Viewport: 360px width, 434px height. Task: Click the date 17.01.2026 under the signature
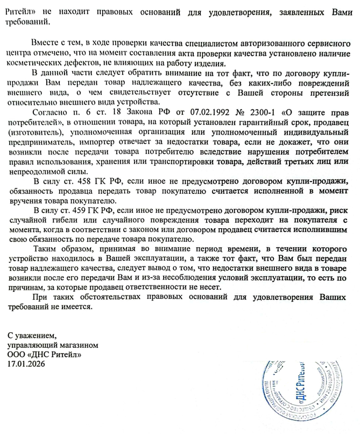click(26, 364)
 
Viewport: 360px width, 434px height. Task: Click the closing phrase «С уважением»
click(32, 337)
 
